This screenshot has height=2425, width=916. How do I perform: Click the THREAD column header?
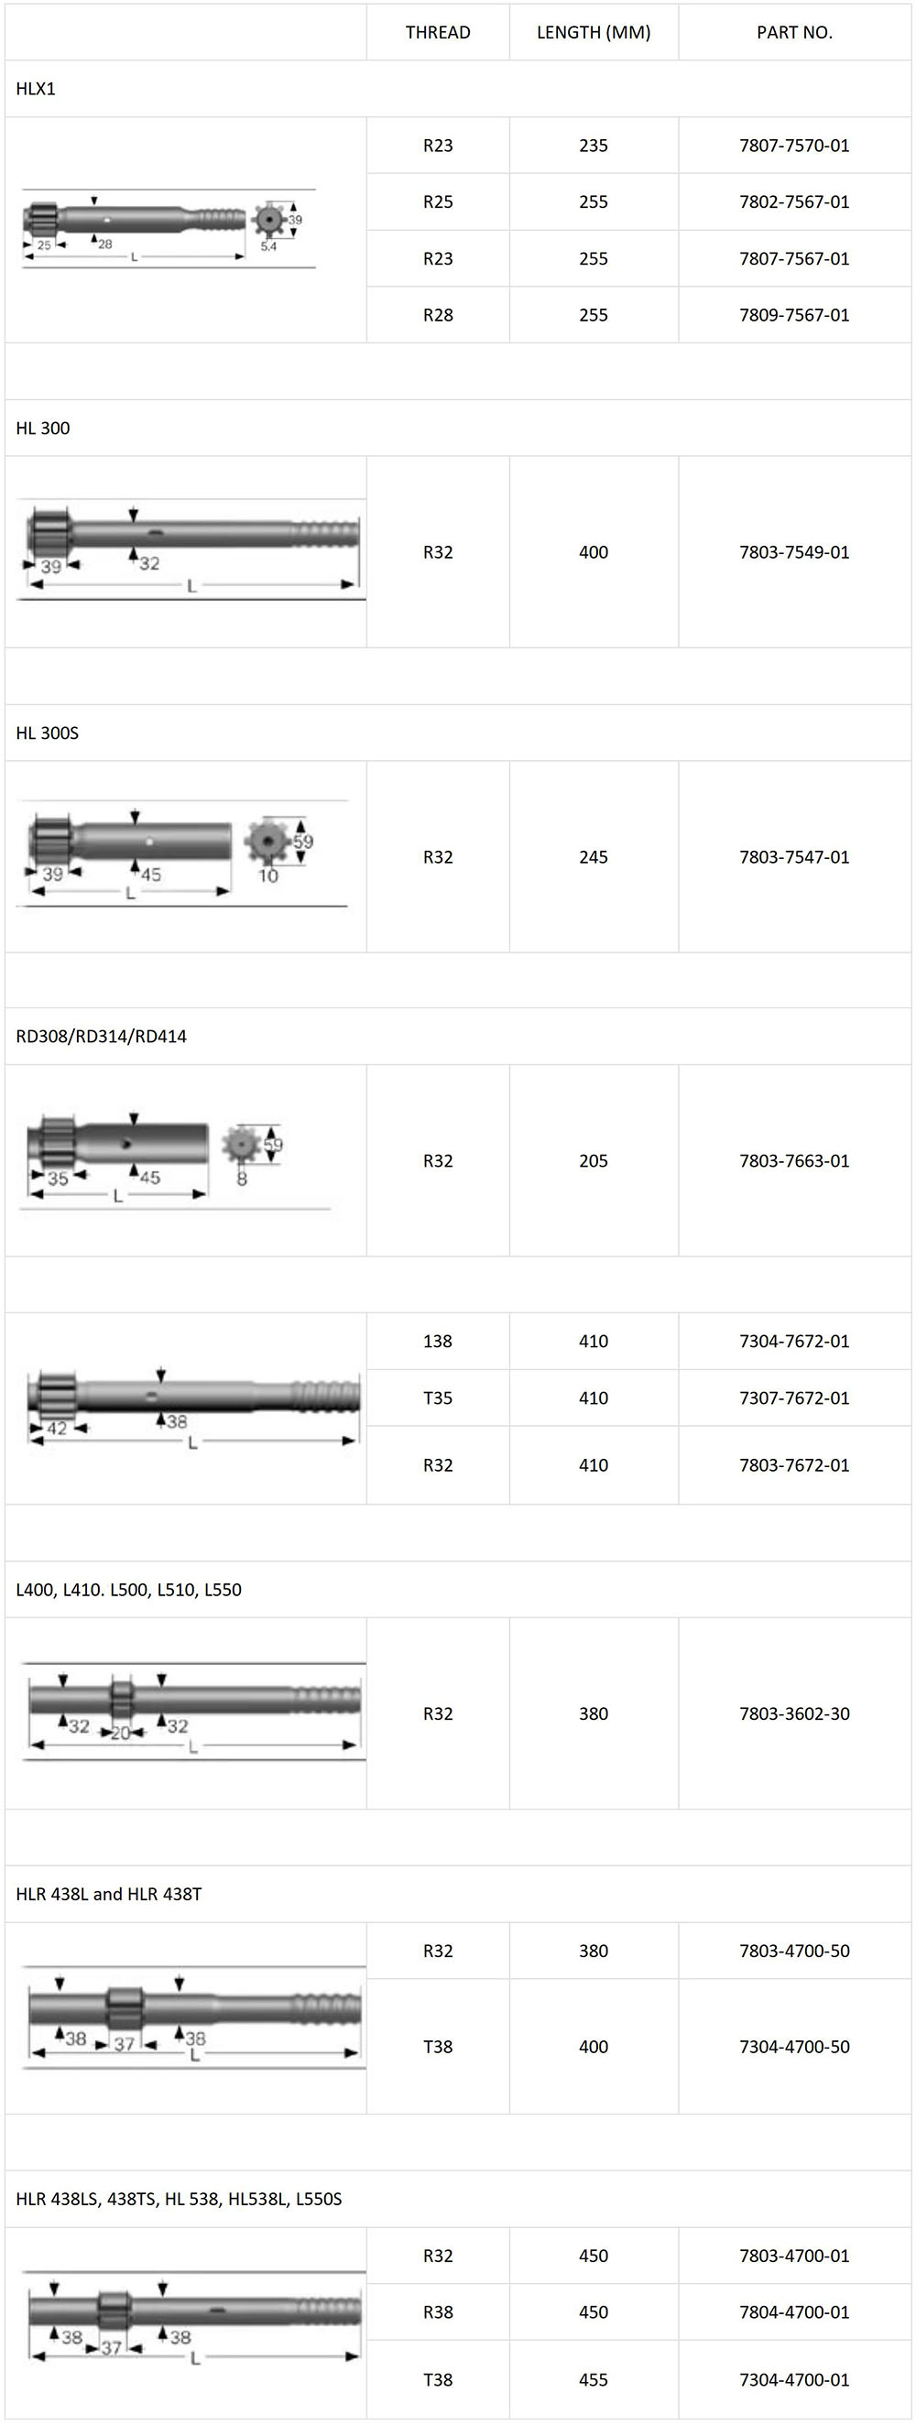[438, 32]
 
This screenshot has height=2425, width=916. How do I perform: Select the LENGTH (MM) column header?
[593, 32]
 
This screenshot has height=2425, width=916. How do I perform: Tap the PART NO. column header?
[794, 32]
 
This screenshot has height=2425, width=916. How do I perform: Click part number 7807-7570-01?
[794, 145]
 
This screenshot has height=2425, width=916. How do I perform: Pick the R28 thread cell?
[438, 314]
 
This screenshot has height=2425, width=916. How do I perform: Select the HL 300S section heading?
[47, 733]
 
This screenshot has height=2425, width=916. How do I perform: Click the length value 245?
[593, 856]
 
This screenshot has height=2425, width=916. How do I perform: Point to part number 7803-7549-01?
[794, 551]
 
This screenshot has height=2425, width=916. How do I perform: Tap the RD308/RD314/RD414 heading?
[101, 1037]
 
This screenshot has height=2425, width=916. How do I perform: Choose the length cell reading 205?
[593, 1160]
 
